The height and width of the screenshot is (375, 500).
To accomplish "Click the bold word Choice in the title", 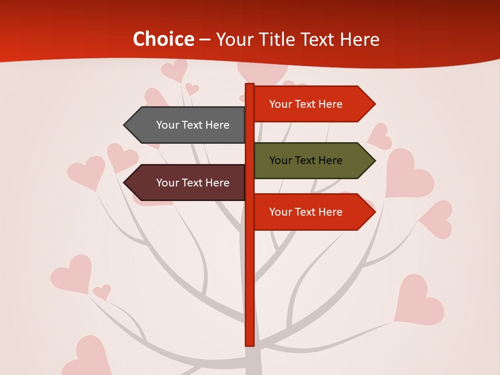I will pos(163,39).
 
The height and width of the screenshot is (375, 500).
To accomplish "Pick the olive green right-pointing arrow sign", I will pos(312,160).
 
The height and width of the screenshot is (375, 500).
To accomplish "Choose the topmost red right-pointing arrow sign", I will pos(312,104).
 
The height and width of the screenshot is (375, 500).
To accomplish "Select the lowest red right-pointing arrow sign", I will pos(312,212).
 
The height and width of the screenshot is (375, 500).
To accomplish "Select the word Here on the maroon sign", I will pos(217,183).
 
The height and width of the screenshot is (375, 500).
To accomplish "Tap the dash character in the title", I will pos(205,40).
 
